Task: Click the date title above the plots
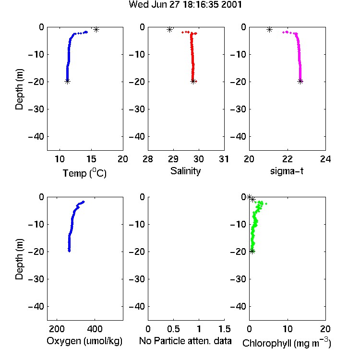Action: pyautogui.click(x=185, y=5)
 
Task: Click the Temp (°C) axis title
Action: pyautogui.click(x=84, y=173)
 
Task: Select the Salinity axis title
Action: pyautogui.click(x=185, y=171)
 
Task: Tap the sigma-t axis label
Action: pyautogui.click(x=287, y=171)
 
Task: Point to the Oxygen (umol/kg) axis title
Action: pyautogui.click(x=84, y=341)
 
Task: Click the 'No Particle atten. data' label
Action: pyautogui.click(x=185, y=341)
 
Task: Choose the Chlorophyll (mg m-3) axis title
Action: pyautogui.click(x=287, y=343)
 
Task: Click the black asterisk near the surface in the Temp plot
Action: pyautogui.click(x=96, y=29)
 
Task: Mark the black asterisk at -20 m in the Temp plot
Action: pyautogui.click(x=67, y=81)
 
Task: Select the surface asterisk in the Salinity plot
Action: pyautogui.click(x=169, y=29)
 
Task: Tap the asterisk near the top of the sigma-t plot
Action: pyautogui.click(x=270, y=29)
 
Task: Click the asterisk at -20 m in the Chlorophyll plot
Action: pyautogui.click(x=252, y=251)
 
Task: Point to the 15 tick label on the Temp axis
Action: pyautogui.click(x=91, y=159)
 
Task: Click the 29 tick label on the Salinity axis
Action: pyautogui.click(x=173, y=159)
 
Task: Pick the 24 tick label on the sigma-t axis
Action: pyautogui.click(x=325, y=159)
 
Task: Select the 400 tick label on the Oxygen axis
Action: pyautogui.click(x=95, y=329)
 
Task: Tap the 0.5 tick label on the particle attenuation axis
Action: pyautogui.click(x=173, y=329)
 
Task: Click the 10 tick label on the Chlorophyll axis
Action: pyautogui.click(x=288, y=329)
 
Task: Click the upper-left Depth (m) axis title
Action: pyautogui.click(x=19, y=89)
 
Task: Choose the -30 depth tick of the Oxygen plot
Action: pyautogui.click(x=36, y=279)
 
